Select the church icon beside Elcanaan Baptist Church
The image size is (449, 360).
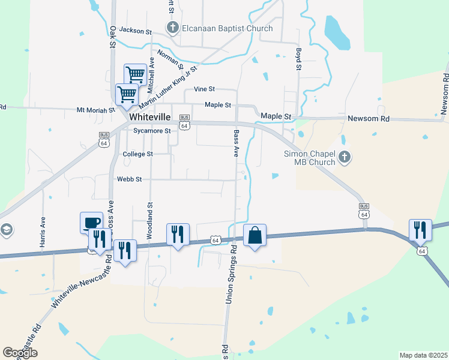pyautogui.click(x=172, y=28)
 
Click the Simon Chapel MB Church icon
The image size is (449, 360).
pyautogui.click(x=344, y=158)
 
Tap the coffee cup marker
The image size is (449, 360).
pyautogui.click(x=91, y=223)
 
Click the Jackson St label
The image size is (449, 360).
pyautogui.click(x=136, y=29)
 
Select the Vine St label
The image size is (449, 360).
pyautogui.click(x=204, y=89)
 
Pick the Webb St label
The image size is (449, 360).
pyautogui.click(x=129, y=179)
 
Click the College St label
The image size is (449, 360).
pyautogui.click(x=138, y=154)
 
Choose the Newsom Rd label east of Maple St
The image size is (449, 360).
pyautogui.click(x=369, y=119)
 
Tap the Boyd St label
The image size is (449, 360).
pyautogui.click(x=298, y=59)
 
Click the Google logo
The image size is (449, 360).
pyautogui.click(x=20, y=353)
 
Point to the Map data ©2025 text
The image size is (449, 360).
pyautogui.click(x=423, y=355)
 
